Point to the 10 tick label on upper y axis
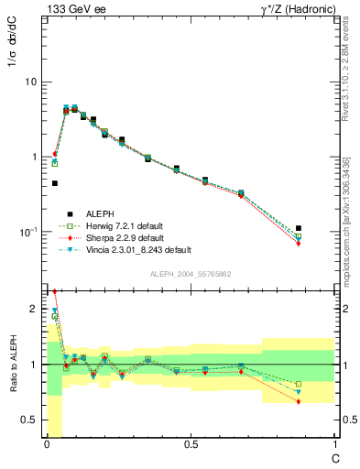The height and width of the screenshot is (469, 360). click(x=30, y=82)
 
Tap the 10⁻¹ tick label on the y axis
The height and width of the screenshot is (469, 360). click(x=28, y=232)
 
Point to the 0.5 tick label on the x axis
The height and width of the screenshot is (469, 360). click(x=191, y=444)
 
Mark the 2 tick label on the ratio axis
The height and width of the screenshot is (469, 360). click(x=35, y=309)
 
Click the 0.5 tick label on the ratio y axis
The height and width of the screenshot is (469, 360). click(x=32, y=420)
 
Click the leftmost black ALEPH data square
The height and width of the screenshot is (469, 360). click(x=55, y=183)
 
